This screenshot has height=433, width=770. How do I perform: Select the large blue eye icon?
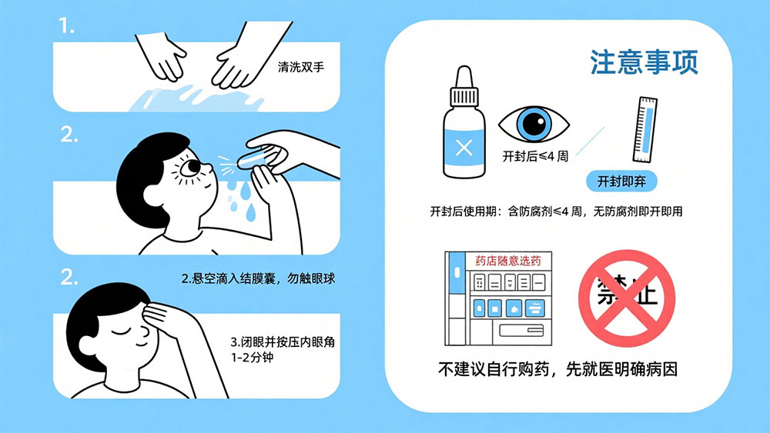534,123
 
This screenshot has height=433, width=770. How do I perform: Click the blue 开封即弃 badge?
621,182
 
